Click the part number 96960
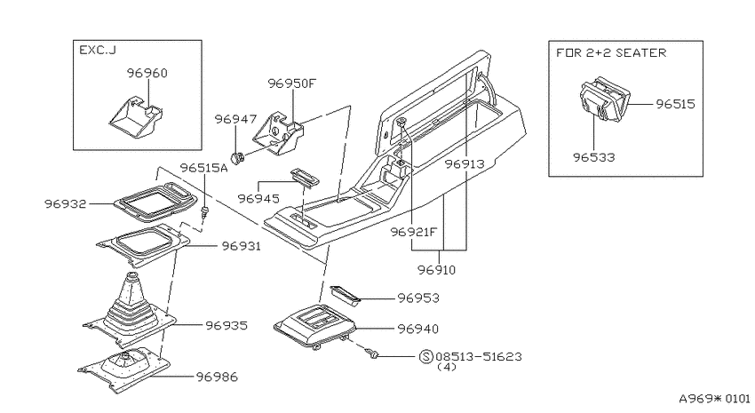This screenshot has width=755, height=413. coord(147,73)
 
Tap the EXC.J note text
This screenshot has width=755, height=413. coord(98,50)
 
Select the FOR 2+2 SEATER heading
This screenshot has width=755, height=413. coord(611,52)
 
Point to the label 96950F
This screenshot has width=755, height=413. coord(292,83)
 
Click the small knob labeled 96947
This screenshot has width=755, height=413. coord(237,157)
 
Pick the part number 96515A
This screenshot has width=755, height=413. coord(203,168)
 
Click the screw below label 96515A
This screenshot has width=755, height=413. coord(205,212)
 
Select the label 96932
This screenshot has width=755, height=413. coord(66,203)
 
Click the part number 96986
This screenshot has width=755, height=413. coord(217,377)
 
